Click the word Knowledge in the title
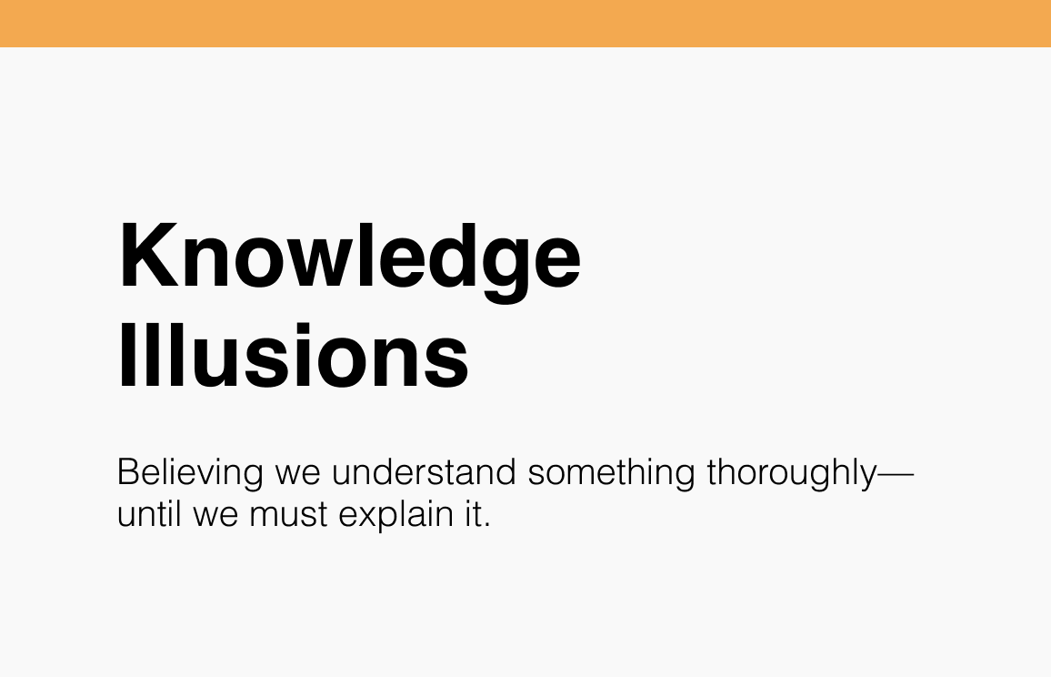pos(349,258)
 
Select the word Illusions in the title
pos(293,356)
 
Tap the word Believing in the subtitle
pos(190,474)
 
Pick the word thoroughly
pos(790,474)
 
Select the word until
pos(151,515)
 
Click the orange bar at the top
pos(525,23)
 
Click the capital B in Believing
pos(128,473)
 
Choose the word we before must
pos(215,518)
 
